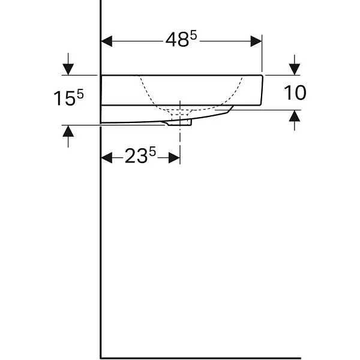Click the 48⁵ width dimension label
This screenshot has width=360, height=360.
pos(181,39)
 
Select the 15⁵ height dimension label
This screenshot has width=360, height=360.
pos(68,98)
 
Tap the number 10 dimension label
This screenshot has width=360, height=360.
pos(295,92)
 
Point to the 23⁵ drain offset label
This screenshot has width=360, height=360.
pos(140,155)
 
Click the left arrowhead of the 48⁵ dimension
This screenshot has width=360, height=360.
pos(107,41)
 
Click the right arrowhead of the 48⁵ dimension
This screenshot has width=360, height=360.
pos(256,41)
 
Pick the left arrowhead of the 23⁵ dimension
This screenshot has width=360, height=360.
pos(107,158)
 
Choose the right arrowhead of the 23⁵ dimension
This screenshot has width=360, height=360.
pos(174,158)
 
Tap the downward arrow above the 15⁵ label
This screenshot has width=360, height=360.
pos(68,64)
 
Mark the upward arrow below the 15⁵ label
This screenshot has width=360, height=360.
pos(68,136)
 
